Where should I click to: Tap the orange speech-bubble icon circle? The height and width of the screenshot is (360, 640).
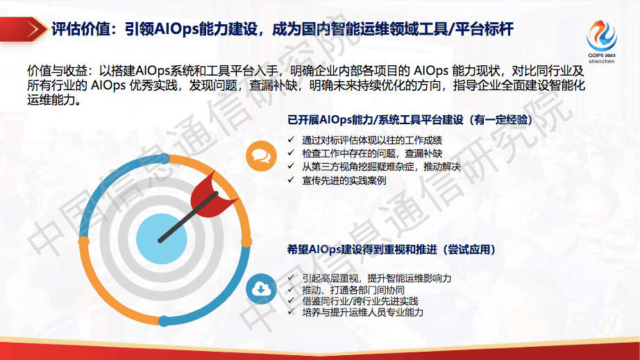pos(261,154)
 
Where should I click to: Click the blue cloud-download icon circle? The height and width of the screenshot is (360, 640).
pos(261,288)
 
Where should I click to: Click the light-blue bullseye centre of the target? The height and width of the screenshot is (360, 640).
pos(162,238)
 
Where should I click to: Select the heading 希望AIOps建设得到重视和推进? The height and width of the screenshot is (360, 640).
pos(395,249)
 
